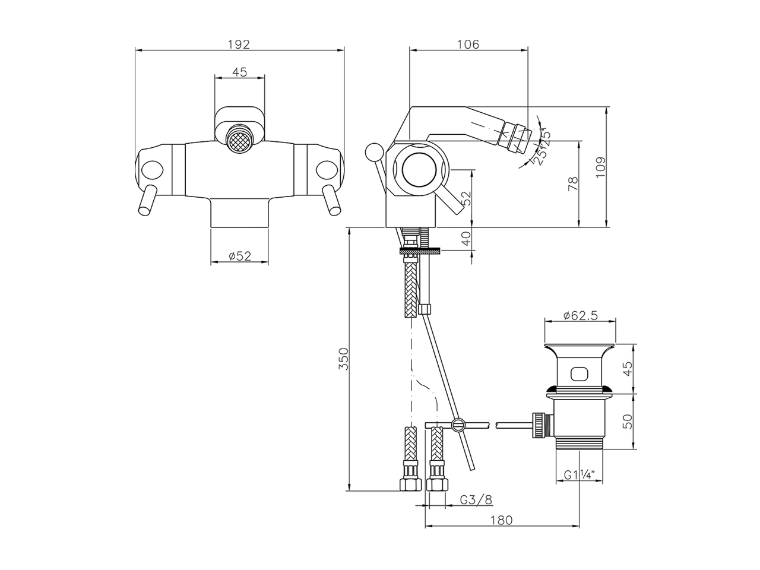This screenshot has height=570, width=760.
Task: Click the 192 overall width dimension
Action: coord(240,44)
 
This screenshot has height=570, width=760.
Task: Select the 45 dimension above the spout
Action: coord(239,72)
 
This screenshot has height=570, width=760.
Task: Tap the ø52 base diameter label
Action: coord(240,256)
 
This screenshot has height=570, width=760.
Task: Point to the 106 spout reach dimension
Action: coord(468,44)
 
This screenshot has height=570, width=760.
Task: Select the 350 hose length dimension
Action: coord(343,359)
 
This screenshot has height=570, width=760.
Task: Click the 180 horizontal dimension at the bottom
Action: coord(502,520)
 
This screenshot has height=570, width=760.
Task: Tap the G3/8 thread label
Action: coord(476,499)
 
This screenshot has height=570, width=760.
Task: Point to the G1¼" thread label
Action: coord(579,475)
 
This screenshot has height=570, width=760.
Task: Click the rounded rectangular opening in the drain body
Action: coord(579,374)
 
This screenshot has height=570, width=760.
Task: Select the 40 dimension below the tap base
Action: coord(467,238)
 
